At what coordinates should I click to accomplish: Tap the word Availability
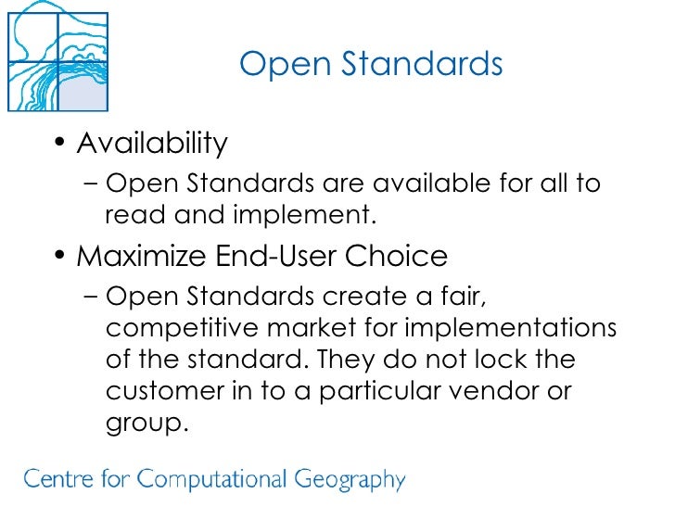(152, 144)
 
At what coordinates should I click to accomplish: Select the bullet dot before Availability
(59, 145)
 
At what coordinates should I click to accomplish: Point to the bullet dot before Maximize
(59, 256)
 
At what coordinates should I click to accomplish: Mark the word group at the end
(145, 423)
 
